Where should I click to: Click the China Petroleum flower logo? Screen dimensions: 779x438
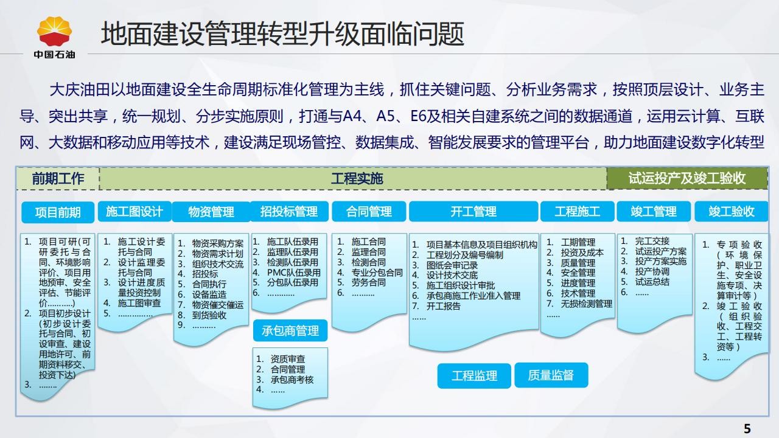(54, 31)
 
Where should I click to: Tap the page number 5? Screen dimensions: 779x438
(747, 429)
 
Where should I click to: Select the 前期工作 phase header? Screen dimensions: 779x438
(58, 179)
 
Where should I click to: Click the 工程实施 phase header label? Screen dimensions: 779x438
(357, 179)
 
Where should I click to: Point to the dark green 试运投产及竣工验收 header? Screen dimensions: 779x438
(687, 179)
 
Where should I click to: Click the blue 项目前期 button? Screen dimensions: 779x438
(58, 212)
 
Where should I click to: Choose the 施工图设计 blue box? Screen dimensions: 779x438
(134, 211)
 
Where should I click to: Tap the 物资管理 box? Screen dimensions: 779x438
(211, 212)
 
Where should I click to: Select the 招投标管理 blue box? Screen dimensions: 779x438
(289, 211)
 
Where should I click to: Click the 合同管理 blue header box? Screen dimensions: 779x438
(369, 211)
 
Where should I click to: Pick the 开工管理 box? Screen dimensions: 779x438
(473, 211)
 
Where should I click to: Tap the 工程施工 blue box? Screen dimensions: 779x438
(578, 211)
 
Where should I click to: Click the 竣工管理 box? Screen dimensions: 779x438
(654, 211)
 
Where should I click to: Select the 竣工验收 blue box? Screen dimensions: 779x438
(732, 211)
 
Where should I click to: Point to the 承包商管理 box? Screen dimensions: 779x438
(290, 330)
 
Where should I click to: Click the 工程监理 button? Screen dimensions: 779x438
(474, 376)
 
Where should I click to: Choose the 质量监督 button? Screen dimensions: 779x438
(551, 375)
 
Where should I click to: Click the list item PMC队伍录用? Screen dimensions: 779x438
(293, 273)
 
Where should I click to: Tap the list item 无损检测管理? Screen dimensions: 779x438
(586, 304)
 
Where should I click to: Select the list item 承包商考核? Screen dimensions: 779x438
(292, 380)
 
